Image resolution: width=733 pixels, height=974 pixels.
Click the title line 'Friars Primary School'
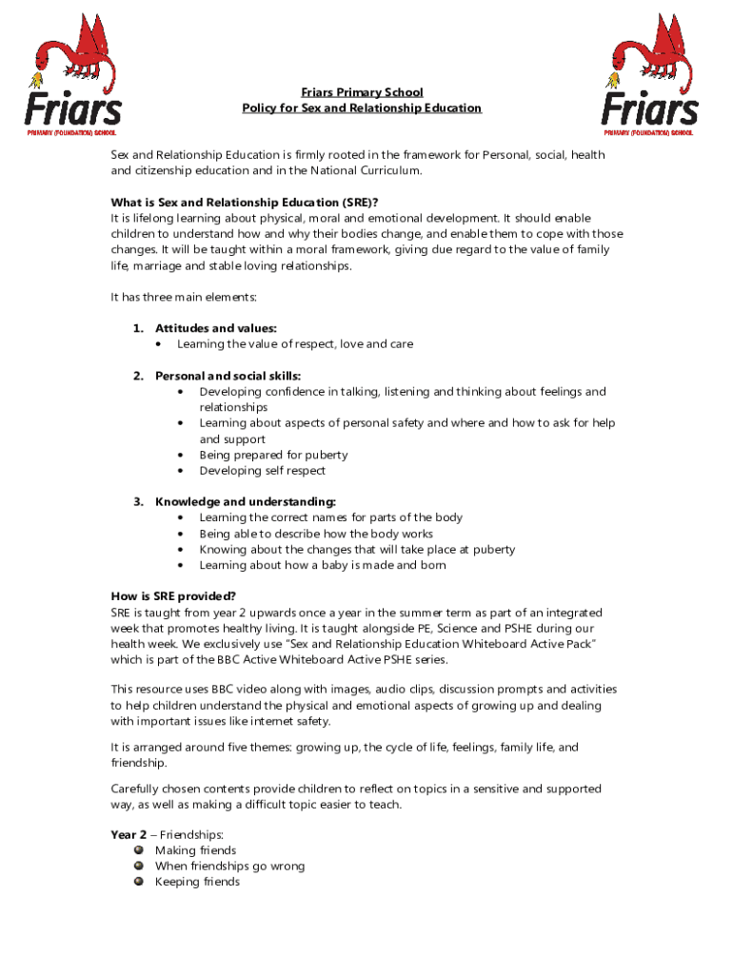[362, 92]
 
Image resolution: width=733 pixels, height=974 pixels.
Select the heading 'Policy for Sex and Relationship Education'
[362, 108]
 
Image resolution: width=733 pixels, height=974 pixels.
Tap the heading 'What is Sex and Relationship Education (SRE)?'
[245, 203]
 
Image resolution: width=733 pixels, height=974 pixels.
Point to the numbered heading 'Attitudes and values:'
[216, 328]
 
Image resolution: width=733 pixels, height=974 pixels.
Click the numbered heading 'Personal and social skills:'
[228, 376]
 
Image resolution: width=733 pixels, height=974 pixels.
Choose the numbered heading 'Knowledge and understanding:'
[246, 501]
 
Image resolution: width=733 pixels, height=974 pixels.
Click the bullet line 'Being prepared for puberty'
[273, 455]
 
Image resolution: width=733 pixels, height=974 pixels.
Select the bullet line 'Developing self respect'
[262, 471]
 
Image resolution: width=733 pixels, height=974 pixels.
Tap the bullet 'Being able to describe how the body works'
[316, 534]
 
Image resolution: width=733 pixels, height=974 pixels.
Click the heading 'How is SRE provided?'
[173, 596]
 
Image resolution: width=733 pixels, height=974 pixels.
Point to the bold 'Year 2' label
[129, 834]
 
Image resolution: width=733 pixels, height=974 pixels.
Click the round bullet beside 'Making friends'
[138, 850]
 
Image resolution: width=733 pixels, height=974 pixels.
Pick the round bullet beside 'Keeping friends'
[138, 882]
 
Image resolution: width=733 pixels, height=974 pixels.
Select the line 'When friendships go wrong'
[229, 867]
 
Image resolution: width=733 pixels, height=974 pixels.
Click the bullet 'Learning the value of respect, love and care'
[295, 344]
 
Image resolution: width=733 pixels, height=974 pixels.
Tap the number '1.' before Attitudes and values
[138, 328]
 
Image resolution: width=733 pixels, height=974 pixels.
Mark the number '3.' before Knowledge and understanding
[138, 501]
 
